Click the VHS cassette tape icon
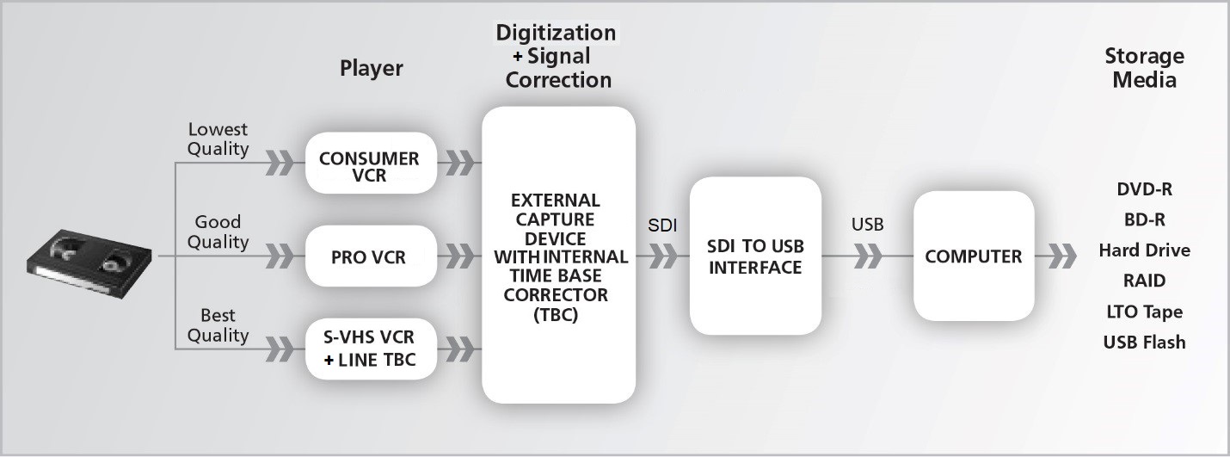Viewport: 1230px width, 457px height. point(88,256)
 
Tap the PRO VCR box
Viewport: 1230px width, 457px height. point(370,256)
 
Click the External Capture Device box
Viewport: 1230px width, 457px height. point(558,256)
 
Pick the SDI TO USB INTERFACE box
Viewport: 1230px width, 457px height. point(754,256)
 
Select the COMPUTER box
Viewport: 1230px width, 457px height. point(973,256)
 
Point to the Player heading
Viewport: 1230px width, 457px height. point(371,68)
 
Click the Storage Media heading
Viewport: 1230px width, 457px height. point(1144,68)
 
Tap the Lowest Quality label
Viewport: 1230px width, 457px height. point(218,139)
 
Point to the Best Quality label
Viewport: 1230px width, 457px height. point(218,325)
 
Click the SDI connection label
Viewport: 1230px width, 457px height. point(661,225)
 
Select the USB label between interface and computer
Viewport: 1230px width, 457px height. point(867,225)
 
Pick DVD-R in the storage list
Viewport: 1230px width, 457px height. point(1144,189)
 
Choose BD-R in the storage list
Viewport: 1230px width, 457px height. point(1144,219)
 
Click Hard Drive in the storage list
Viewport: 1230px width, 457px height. point(1144,250)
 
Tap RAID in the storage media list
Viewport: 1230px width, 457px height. point(1144,281)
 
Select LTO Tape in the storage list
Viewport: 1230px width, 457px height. point(1144,312)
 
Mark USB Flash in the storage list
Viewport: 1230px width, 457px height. point(1144,342)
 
